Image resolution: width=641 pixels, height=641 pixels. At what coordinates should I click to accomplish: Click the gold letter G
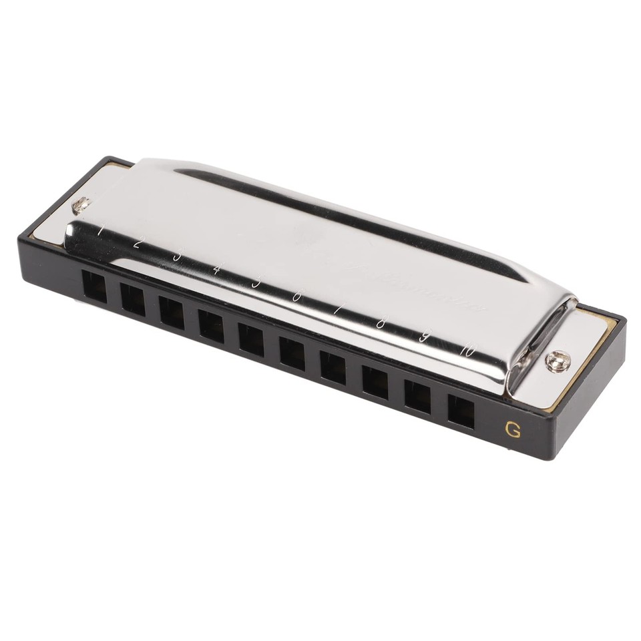point(513,430)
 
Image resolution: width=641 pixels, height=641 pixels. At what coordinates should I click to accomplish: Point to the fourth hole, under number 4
point(211,326)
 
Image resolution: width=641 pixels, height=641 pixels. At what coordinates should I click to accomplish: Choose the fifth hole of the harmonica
point(251,339)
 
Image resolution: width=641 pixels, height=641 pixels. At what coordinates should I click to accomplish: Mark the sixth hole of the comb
point(292,352)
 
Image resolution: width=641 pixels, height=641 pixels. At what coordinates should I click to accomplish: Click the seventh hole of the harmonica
point(333,366)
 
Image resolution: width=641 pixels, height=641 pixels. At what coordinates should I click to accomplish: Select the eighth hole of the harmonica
point(375,381)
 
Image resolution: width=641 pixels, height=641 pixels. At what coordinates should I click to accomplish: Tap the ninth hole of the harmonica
point(417,395)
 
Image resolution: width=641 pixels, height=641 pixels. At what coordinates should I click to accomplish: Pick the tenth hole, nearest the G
point(461,410)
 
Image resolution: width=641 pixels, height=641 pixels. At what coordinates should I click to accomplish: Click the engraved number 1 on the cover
point(100,230)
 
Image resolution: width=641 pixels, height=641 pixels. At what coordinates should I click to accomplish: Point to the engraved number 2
point(137,243)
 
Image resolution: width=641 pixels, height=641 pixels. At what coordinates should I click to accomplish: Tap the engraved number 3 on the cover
point(176,256)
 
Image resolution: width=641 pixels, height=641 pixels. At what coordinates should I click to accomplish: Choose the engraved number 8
point(381,323)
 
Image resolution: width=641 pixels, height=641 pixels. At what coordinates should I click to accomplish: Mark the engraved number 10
point(467,349)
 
